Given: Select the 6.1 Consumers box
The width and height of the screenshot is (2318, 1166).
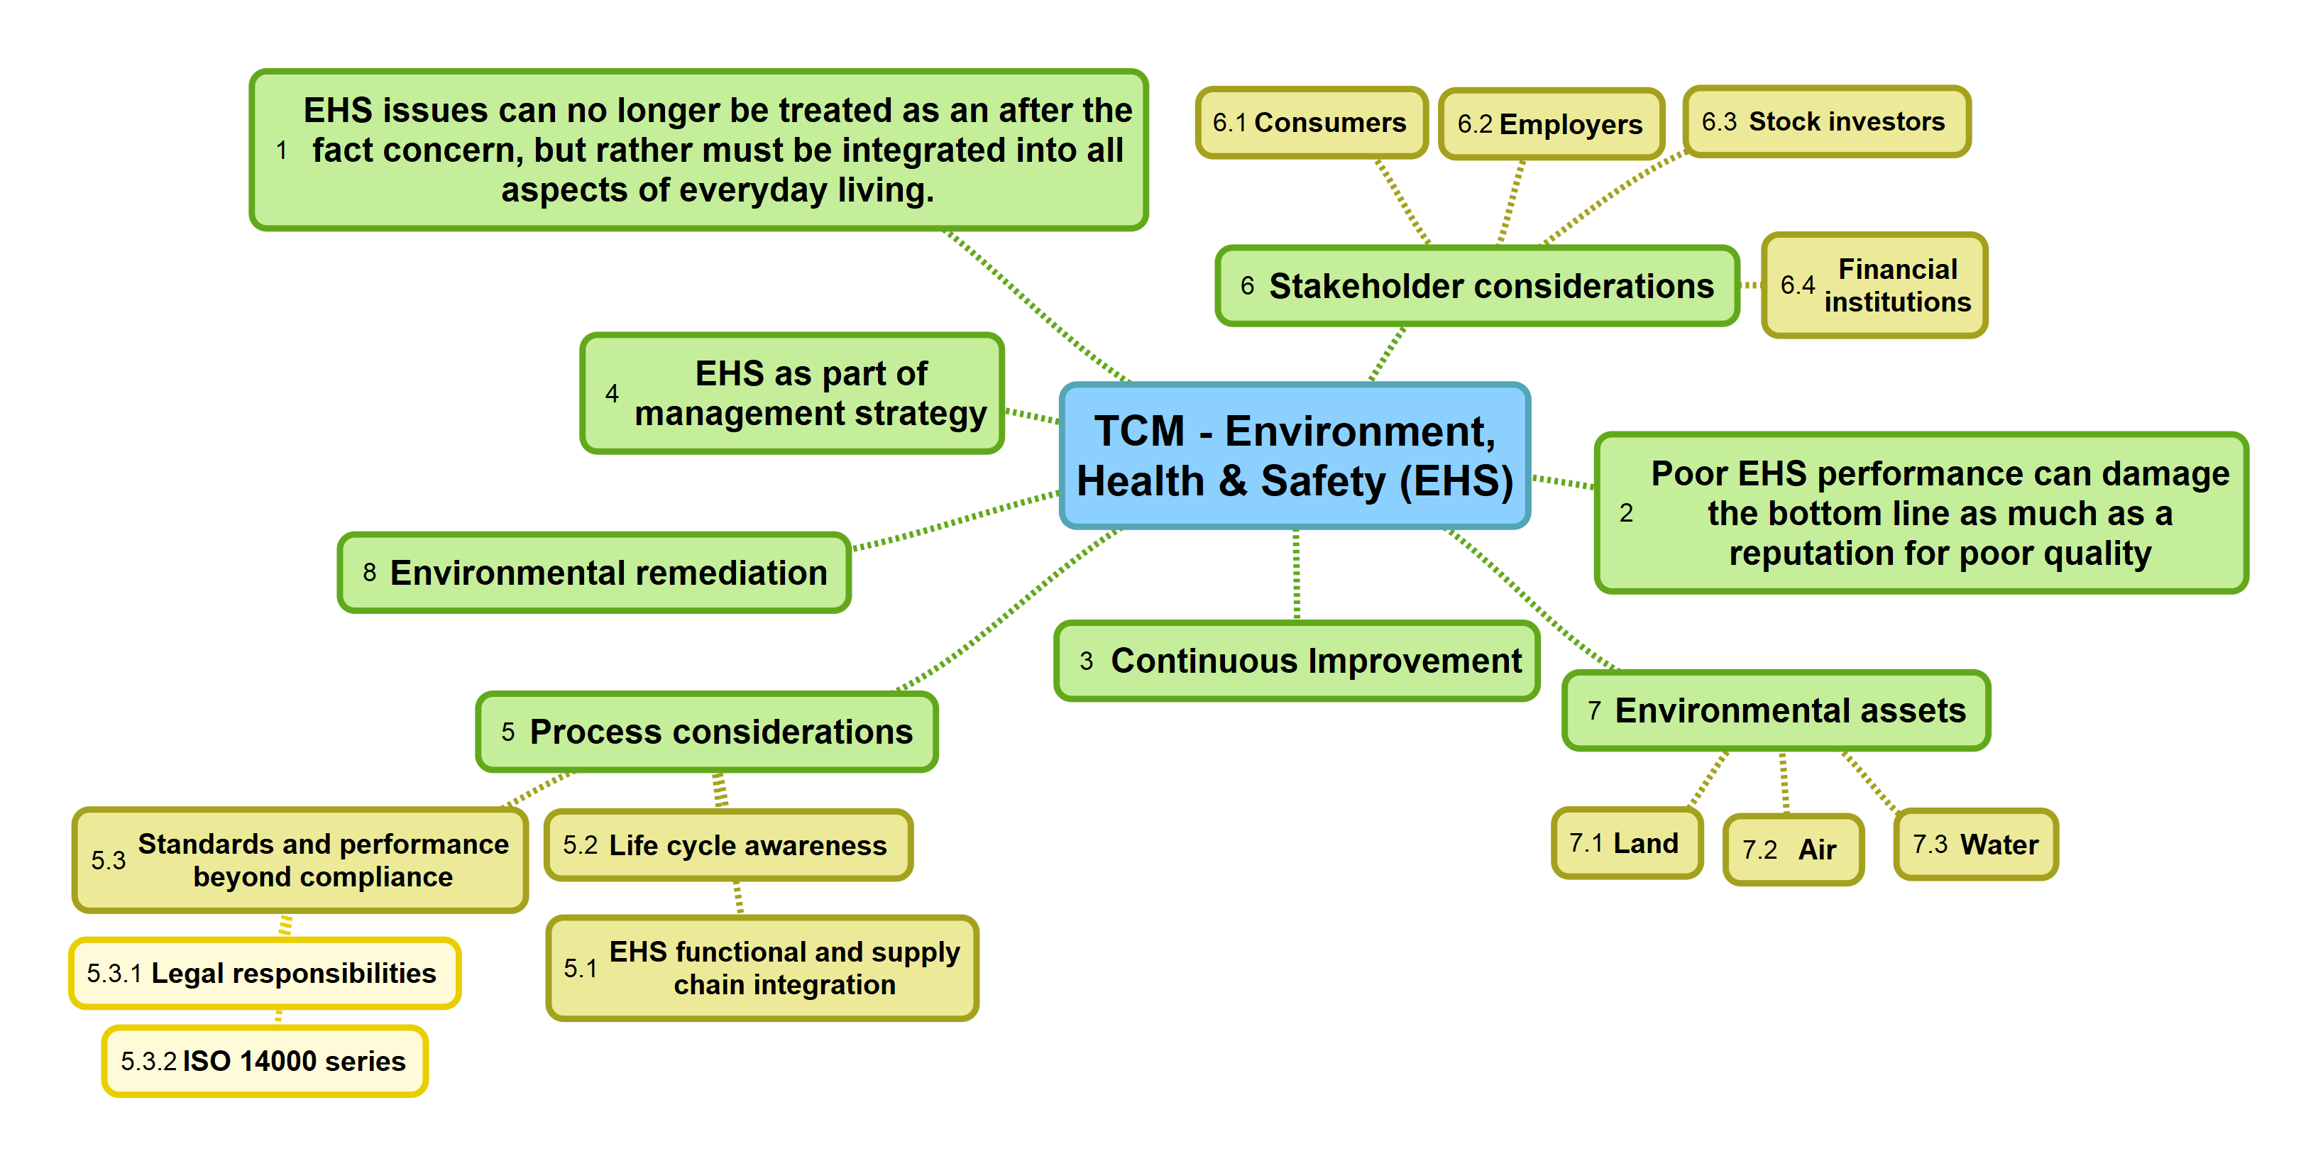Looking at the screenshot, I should (x=1310, y=122).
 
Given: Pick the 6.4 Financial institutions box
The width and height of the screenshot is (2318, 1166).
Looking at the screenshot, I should (x=1874, y=285).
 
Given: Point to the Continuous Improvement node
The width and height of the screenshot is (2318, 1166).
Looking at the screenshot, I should (x=1296, y=661).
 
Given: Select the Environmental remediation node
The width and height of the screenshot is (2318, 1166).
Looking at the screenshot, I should (x=594, y=573).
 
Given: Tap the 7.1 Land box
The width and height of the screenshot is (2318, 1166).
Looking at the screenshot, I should (x=1626, y=843).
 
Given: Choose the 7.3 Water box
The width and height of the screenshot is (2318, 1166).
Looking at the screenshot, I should (x=1975, y=844).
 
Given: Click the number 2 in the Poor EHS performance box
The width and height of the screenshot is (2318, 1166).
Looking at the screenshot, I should (x=1625, y=513).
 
